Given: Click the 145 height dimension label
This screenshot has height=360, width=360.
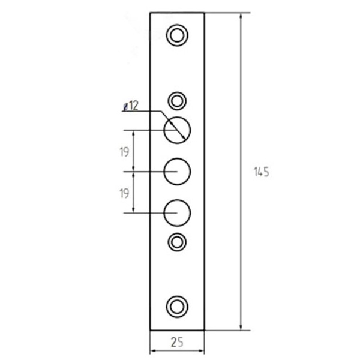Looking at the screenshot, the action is (x=261, y=172).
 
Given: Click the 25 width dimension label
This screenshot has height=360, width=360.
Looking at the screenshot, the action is (x=177, y=342).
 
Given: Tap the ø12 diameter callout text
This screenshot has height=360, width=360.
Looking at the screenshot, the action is (x=131, y=106).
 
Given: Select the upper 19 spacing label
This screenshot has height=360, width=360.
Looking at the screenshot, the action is (x=124, y=152).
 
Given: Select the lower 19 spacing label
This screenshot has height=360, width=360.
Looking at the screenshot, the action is (x=124, y=193).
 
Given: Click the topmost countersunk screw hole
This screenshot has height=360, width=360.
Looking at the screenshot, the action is (x=177, y=25).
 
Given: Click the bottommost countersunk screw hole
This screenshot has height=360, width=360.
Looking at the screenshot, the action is (x=177, y=296).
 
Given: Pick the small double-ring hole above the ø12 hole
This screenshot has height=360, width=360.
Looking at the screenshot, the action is (x=177, y=92).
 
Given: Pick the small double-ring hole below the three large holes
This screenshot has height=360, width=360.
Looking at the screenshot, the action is (x=177, y=233).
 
